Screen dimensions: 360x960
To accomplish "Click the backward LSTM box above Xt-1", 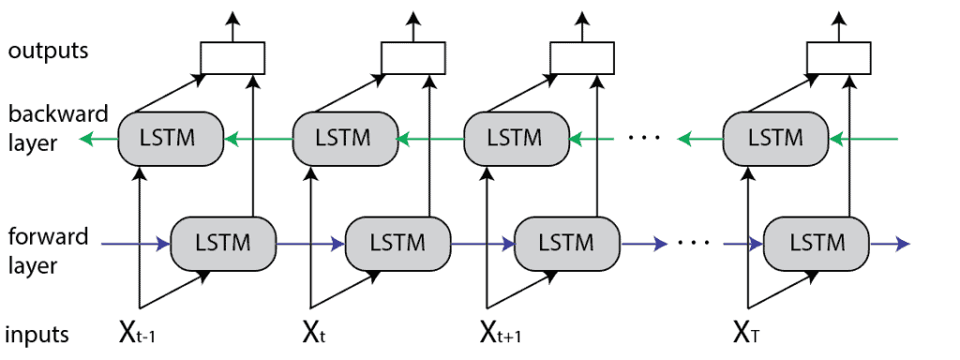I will (170, 139).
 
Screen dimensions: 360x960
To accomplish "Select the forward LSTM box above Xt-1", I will (222, 242).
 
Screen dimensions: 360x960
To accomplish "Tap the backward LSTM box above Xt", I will (344, 139).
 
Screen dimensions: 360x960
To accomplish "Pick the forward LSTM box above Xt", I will (397, 242).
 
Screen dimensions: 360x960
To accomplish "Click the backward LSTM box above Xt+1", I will (517, 139).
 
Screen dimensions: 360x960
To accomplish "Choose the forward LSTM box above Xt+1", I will (567, 242).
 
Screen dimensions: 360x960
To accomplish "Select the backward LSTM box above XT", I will (776, 139).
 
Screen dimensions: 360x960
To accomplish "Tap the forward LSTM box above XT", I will (817, 242).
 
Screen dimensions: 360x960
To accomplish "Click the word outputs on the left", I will (48, 51).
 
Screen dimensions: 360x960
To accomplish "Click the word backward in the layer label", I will (49, 115).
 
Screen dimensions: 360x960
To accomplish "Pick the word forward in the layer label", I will (47, 237).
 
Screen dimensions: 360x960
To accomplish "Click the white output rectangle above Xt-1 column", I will (229, 59).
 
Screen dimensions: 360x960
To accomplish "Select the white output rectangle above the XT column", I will (835, 59).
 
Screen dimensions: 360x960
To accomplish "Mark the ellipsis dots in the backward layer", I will (645, 139).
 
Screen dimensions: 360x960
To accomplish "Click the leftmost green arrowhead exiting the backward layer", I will (87, 140).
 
